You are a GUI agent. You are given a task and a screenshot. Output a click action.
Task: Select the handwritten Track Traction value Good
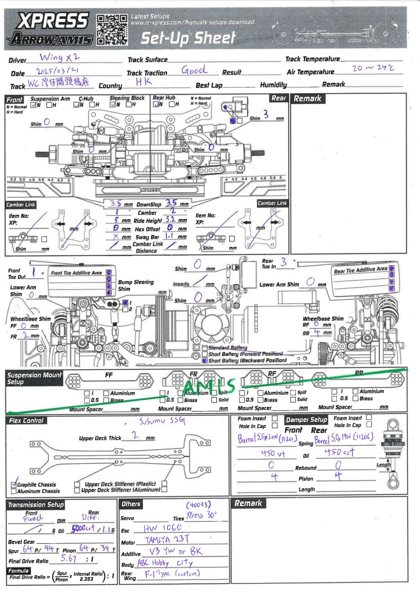pos(194,70)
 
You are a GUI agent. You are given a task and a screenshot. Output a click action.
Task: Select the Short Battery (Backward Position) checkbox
pos(205,360)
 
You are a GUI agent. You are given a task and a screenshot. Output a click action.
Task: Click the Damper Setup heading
pos(306,419)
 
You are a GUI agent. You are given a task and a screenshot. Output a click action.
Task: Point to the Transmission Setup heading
pos(35,505)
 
